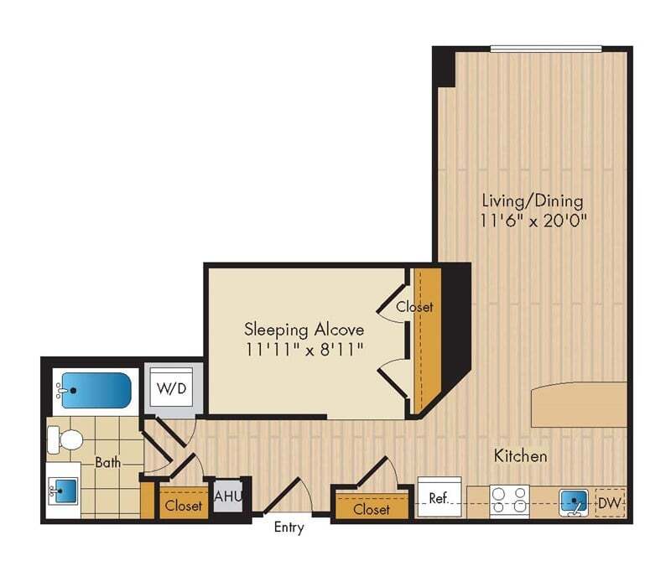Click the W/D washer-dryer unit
(x=174, y=390)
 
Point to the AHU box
(x=228, y=496)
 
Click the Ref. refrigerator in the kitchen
(x=439, y=497)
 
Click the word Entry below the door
(x=289, y=528)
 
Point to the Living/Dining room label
(x=532, y=201)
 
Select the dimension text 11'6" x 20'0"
(x=532, y=221)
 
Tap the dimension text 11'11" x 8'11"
(x=304, y=348)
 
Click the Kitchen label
(x=520, y=456)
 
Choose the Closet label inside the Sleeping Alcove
(x=415, y=307)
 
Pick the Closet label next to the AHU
(x=183, y=506)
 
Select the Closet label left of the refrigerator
(x=371, y=509)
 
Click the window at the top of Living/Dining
(x=546, y=48)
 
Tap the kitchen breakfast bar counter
(x=579, y=404)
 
